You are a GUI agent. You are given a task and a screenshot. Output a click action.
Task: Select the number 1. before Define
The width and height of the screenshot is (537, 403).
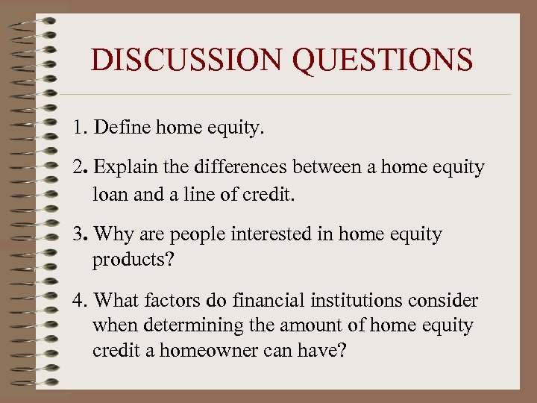(80, 128)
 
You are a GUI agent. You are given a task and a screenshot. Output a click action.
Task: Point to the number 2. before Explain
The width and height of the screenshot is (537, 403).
(80, 167)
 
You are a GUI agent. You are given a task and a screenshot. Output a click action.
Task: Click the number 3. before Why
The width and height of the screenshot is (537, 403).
(80, 234)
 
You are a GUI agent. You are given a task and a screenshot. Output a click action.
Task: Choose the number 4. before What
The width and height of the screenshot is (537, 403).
(80, 301)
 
